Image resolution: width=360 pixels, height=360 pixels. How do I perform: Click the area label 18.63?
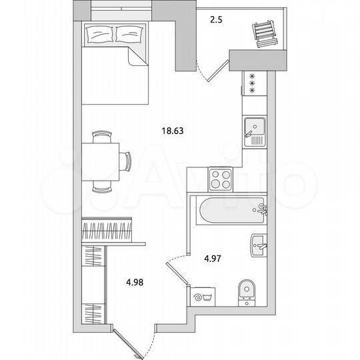tap(172, 131)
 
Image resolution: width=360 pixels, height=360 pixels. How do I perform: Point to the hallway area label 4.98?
tap(134, 281)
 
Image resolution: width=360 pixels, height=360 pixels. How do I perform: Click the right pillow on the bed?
tap(129, 33)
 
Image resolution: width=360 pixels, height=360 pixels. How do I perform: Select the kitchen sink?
tap(254, 129)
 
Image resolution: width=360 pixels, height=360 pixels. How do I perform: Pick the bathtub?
tap(227, 211)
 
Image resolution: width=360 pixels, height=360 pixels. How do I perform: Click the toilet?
tap(247, 291)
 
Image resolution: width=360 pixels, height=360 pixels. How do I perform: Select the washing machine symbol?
tap(199, 295)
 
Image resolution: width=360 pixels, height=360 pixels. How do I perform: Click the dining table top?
tap(101, 160)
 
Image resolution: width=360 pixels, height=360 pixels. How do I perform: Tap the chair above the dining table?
tap(101, 136)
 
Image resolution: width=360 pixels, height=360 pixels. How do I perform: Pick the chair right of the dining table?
tap(126, 160)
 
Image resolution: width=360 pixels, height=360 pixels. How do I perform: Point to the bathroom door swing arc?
tap(175, 262)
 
